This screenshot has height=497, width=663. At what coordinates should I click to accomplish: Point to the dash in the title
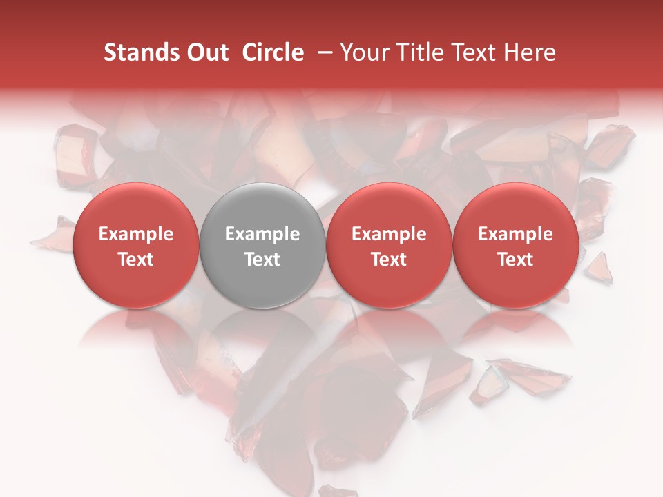[x=322, y=52]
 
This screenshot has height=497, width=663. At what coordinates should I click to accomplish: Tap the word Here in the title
[x=530, y=52]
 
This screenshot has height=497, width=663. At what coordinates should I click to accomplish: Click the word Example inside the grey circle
[x=262, y=234]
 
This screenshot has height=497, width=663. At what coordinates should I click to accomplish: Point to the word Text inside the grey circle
[x=262, y=260]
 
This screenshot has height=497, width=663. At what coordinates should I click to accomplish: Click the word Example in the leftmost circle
[x=136, y=234]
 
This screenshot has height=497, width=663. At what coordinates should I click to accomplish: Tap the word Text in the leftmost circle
[x=136, y=260]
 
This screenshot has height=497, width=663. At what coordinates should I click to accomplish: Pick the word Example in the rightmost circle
[x=516, y=234]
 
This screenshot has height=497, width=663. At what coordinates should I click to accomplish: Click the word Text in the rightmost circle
[x=516, y=260]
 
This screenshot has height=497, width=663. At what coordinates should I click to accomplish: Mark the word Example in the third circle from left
[x=389, y=234]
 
